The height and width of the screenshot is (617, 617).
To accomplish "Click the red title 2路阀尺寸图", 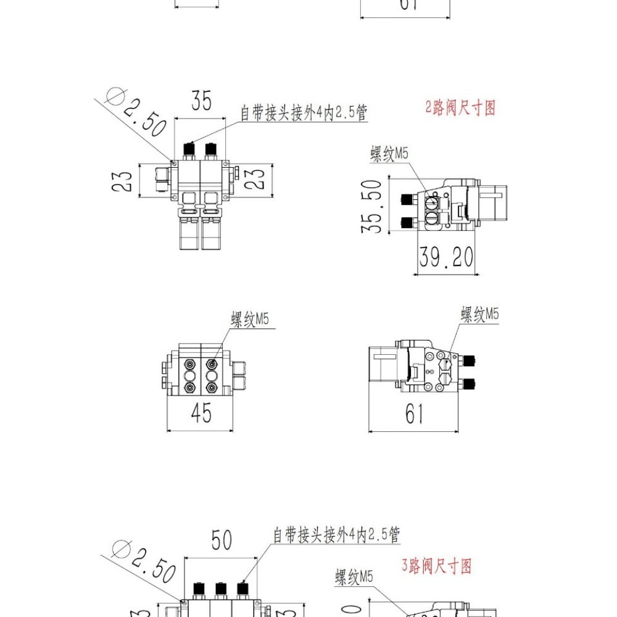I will [460, 108].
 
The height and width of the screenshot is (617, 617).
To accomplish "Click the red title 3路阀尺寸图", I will [437, 565].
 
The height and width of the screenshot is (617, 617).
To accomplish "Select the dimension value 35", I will [201, 100].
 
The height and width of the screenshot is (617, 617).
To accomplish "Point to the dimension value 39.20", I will [447, 256].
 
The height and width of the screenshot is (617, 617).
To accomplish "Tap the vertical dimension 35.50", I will [372, 206].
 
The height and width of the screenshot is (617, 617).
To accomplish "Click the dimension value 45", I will [201, 413].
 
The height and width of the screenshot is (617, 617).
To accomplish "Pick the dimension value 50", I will [222, 540].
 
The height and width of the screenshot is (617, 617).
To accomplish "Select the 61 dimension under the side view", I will [415, 415].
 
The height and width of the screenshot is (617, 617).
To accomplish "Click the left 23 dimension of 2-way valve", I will [125, 180].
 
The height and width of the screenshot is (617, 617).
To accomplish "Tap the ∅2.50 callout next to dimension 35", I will [138, 112].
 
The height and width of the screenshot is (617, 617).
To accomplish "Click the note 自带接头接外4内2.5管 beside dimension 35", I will [304, 114].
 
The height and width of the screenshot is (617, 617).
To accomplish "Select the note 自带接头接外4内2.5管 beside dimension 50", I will [337, 535].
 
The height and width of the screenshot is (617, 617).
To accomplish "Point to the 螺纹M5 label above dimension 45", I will [250, 320].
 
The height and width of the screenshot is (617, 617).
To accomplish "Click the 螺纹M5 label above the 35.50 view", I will [389, 154].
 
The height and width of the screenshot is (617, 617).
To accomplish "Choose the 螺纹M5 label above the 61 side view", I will [480, 315].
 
